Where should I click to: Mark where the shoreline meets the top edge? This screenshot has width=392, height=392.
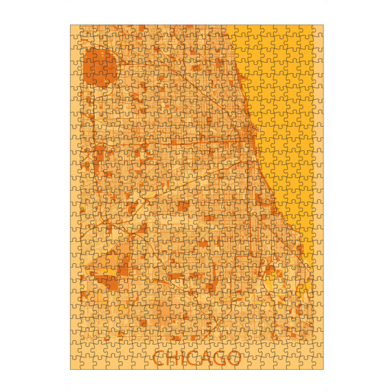click(x=228, y=25)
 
